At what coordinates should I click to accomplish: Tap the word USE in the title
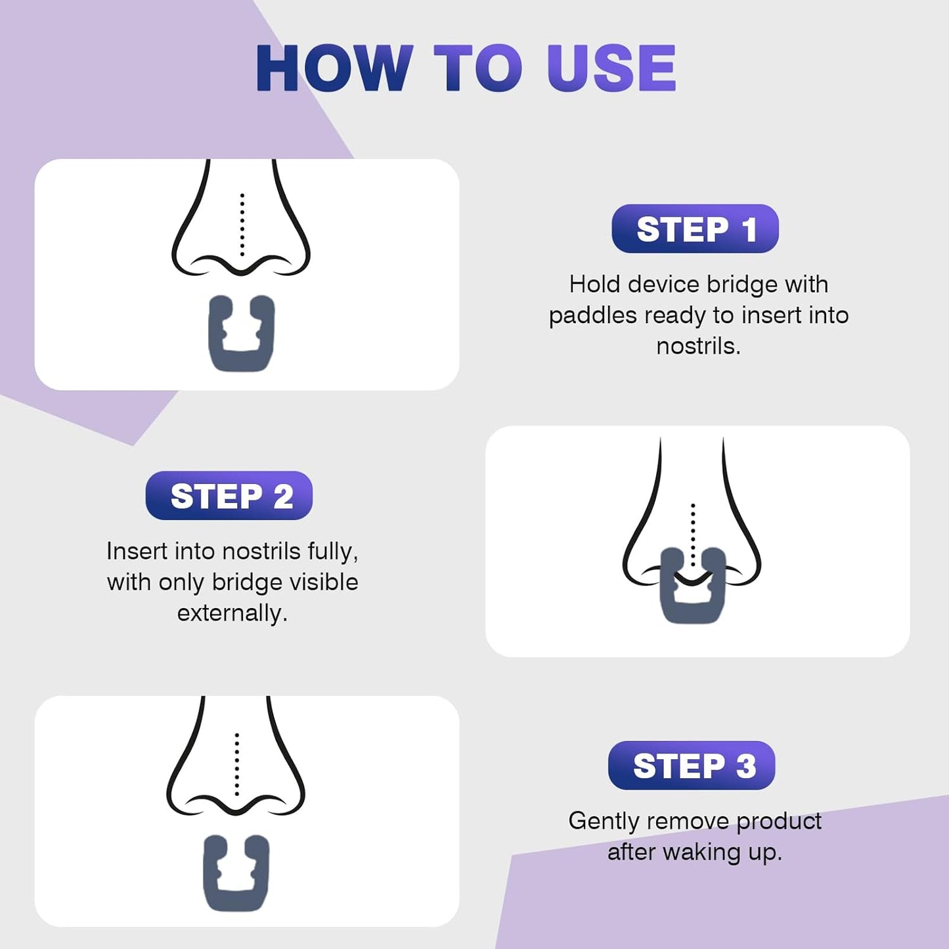click(611, 68)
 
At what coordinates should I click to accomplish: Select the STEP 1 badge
click(695, 229)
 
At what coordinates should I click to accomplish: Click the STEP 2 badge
click(229, 496)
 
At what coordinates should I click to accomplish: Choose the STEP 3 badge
click(692, 766)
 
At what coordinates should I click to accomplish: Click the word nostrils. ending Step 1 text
click(698, 346)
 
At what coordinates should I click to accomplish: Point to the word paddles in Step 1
click(592, 316)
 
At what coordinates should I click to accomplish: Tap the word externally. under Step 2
click(232, 613)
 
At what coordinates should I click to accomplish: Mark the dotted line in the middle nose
click(693, 532)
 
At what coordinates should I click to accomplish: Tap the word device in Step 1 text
click(663, 284)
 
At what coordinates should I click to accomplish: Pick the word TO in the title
click(478, 68)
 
